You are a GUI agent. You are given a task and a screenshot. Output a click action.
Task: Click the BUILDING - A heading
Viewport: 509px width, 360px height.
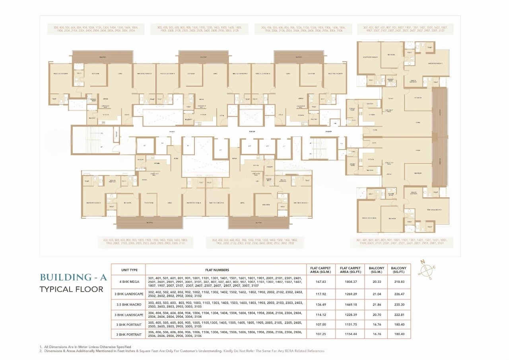pyautogui.click(x=73, y=277)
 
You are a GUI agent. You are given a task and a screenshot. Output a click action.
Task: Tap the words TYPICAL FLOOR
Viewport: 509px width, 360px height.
pyautogui.click(x=71, y=289)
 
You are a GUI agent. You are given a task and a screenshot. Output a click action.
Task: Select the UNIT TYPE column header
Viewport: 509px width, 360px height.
pyautogui.click(x=129, y=270)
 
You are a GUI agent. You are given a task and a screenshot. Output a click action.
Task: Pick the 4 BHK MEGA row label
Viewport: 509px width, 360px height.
pyautogui.click(x=129, y=281)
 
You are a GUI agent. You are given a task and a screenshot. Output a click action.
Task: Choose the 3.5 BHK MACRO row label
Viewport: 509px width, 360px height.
pyautogui.click(x=129, y=305)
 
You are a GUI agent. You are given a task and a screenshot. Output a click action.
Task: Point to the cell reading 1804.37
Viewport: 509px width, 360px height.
pyautogui.click(x=350, y=281)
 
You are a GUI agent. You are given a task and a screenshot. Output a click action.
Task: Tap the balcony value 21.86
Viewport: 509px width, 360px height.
pyautogui.click(x=376, y=305)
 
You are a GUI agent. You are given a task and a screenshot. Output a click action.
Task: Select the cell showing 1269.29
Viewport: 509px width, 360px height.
pyautogui.click(x=350, y=294)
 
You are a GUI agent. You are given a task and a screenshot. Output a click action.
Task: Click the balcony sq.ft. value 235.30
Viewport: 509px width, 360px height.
pyautogui.click(x=399, y=305)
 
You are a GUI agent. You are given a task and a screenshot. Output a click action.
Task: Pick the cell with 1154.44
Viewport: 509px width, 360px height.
pyautogui.click(x=350, y=334)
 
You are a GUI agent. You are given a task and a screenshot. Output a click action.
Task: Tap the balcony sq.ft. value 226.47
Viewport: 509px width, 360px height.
pyautogui.click(x=399, y=294)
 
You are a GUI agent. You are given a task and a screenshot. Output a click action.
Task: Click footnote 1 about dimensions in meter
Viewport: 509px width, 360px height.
pyautogui.click(x=85, y=347)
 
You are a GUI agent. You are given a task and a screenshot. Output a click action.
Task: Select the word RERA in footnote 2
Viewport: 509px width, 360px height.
pyautogui.click(x=278, y=351)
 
